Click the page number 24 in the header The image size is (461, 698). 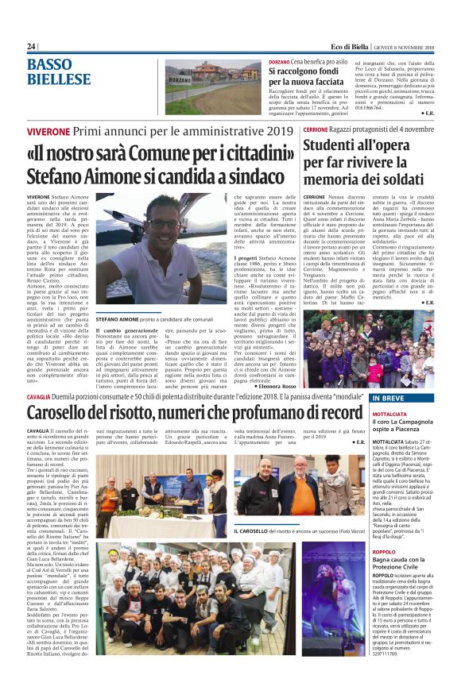pyautogui.click(x=31, y=47)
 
